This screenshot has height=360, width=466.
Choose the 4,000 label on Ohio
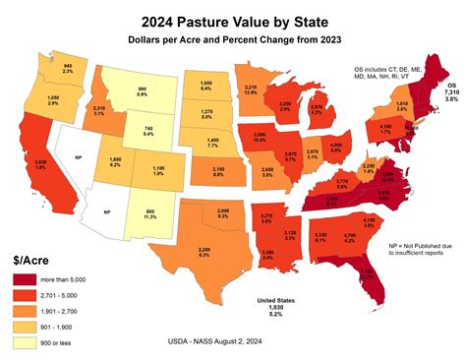pyautogui.click(x=336, y=148)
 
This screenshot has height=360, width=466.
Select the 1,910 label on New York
pyautogui.click(x=401, y=104)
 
